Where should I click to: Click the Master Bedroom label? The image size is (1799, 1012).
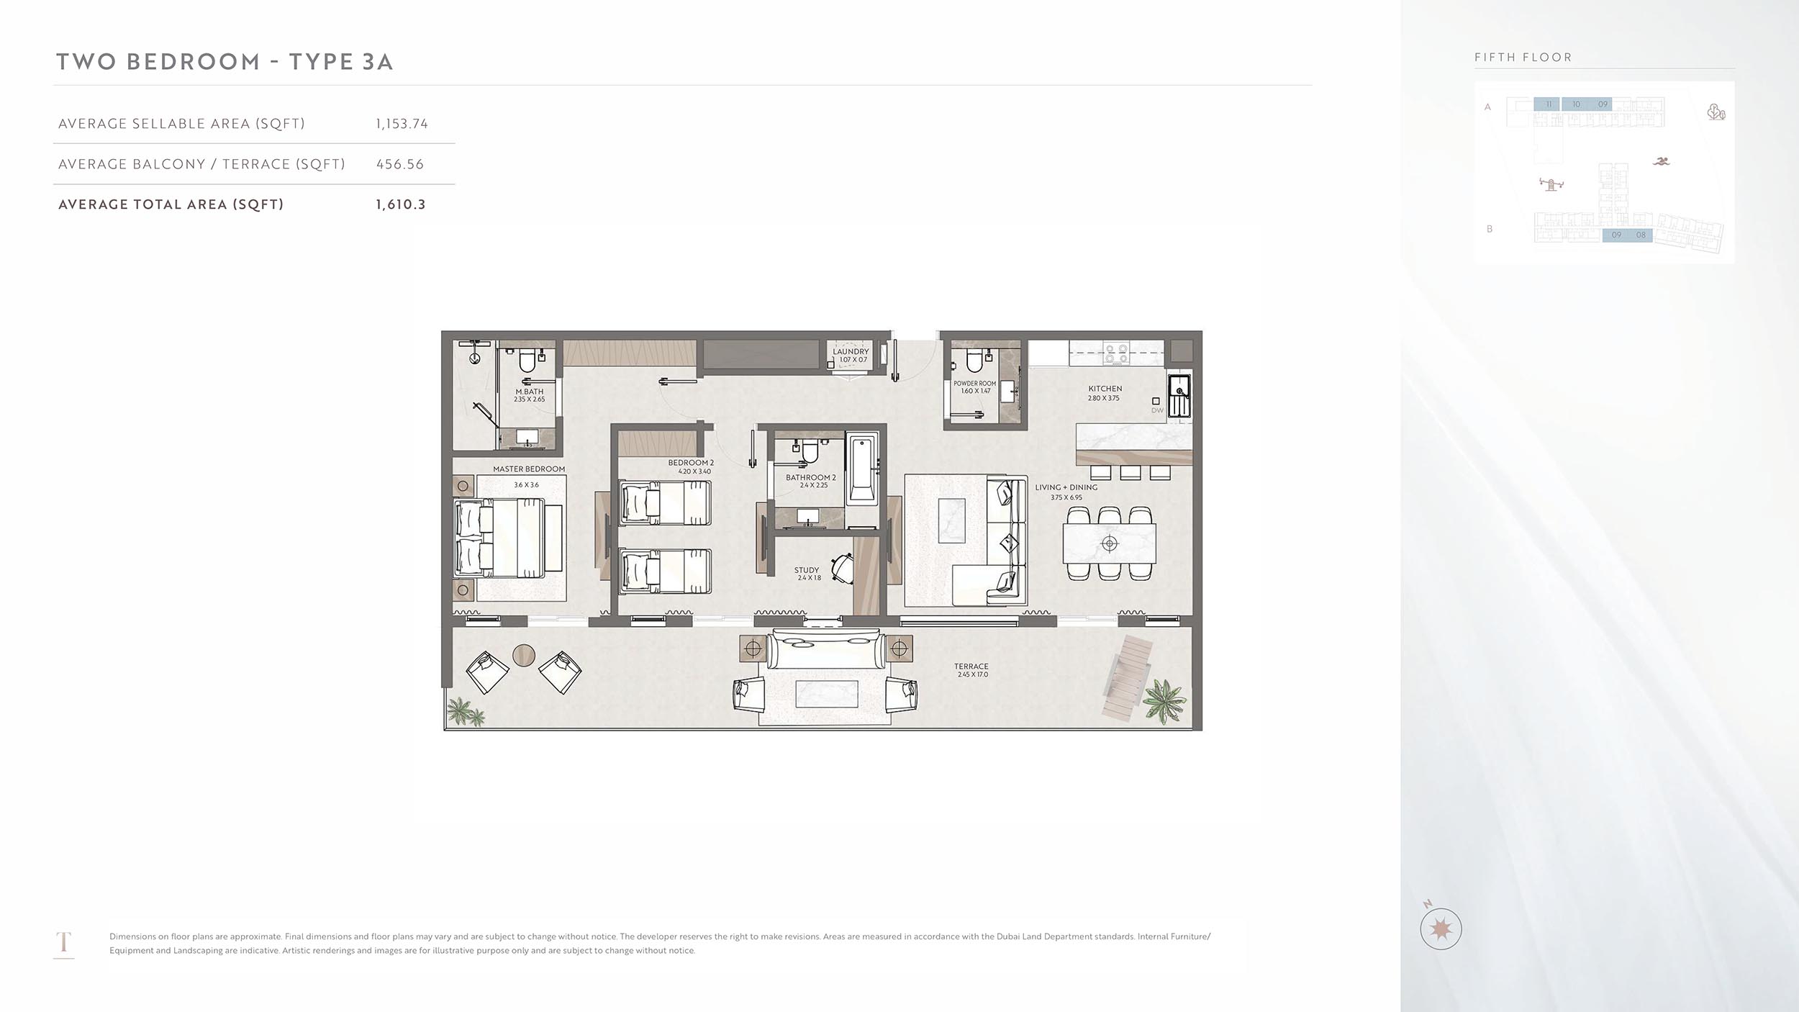pos(529,469)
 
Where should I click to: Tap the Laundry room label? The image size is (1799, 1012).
pos(851,351)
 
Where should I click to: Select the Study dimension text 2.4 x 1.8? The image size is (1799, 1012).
pos(809,578)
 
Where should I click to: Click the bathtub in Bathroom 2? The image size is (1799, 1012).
pos(862,469)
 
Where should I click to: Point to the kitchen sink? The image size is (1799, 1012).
pos(1179,394)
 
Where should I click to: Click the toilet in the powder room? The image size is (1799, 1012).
pos(975,360)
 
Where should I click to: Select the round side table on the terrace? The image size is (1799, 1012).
pos(524,655)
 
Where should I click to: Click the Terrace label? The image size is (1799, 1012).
pos(971,666)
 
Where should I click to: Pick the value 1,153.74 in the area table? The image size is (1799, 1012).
pos(402,124)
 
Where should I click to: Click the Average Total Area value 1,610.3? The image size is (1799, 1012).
pos(400,204)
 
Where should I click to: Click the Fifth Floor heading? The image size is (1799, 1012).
pos(1523,58)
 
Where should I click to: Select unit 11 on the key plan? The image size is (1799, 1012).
pos(1549,104)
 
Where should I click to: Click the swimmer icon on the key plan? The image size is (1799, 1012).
pos(1661,161)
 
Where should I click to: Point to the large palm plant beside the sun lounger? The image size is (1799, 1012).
pos(1164,700)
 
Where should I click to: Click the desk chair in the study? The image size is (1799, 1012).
pos(842,566)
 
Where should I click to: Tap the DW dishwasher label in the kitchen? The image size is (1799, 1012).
pos(1157,410)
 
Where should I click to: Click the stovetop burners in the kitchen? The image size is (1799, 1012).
pos(1116,353)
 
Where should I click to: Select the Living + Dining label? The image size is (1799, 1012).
pos(1066,487)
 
